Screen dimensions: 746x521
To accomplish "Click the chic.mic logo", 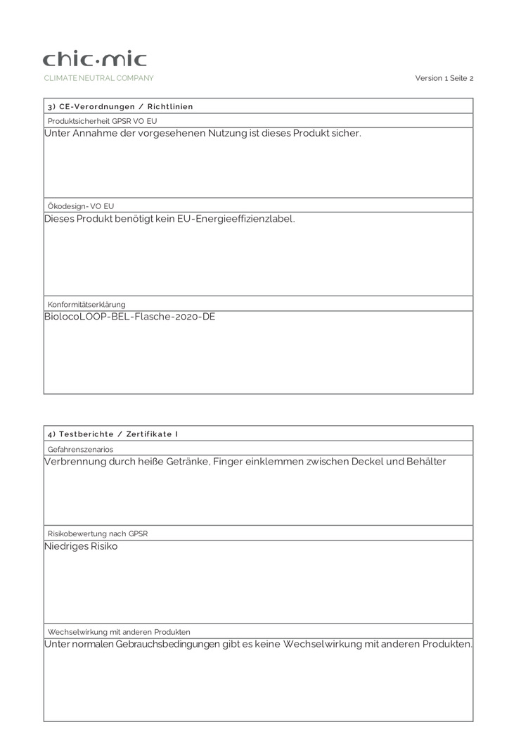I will click(95, 59).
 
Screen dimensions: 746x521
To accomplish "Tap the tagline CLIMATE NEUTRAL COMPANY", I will click(98, 78).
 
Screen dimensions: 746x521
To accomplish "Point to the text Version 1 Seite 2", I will click(444, 78).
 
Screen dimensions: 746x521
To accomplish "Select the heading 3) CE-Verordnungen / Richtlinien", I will click(120, 106).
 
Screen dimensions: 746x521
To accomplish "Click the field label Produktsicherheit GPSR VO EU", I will click(103, 121).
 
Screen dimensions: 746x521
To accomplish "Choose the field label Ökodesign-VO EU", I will click(81, 206).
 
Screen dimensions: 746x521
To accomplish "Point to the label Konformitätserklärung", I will click(86, 304).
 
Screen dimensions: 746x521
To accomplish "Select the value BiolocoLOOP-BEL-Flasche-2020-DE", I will click(129, 317).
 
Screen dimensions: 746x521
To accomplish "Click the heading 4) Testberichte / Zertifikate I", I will click(112, 434).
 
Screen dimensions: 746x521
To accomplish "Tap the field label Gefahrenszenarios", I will click(80, 449).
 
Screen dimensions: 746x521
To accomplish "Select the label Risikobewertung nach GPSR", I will click(98, 533).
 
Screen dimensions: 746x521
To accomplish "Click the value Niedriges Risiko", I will click(81, 546).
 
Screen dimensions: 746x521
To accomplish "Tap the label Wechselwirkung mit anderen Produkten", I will click(119, 632).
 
